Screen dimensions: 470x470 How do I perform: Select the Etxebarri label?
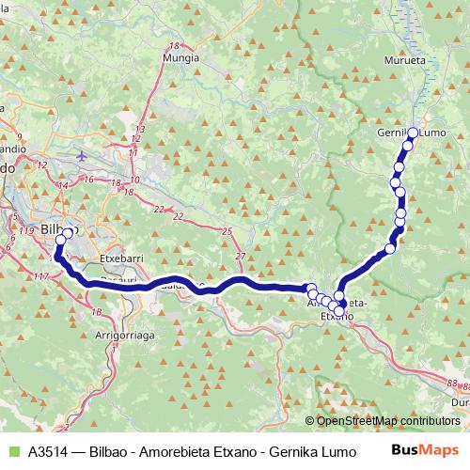tap(119, 255)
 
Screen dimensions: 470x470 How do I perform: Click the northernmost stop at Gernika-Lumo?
tap(413, 133)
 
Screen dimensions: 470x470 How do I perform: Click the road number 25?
tap(227, 230)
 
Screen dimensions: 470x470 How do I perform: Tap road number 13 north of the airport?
tap(140, 129)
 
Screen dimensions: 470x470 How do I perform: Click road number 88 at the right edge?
tap(455, 384)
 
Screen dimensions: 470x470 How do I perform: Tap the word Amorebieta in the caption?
tap(174, 450)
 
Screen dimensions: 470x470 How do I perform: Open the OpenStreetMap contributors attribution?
tap(387, 421)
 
